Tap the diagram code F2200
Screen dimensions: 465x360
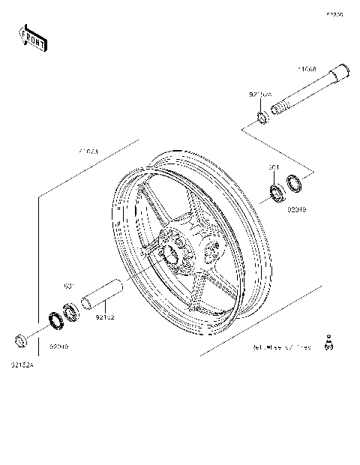[334, 14]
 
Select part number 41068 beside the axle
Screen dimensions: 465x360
[306, 69]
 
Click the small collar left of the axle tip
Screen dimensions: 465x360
[262, 116]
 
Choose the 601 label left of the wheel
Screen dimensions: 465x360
[67, 286]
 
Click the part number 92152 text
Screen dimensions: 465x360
[105, 318]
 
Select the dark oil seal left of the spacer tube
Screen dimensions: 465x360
[55, 320]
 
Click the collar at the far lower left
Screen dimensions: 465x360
[21, 342]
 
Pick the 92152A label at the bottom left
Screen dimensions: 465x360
[22, 365]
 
